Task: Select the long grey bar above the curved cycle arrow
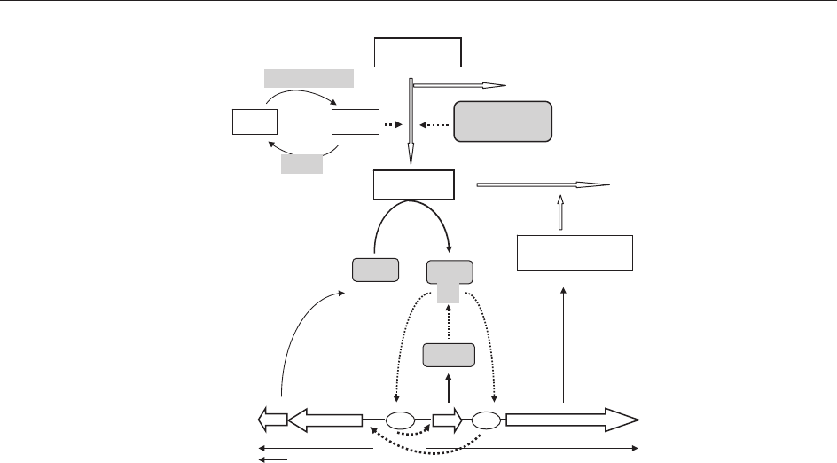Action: [309, 78]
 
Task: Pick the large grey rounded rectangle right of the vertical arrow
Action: [503, 122]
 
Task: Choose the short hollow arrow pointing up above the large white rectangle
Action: [559, 212]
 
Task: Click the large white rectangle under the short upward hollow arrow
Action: [575, 253]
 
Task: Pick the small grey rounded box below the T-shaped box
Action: [449, 355]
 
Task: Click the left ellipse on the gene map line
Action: [400, 420]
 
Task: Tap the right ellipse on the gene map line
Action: [487, 420]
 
